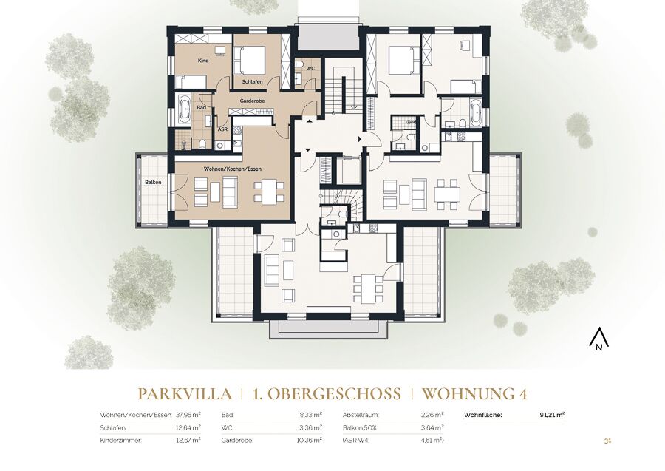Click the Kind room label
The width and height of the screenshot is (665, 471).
pos(203,61)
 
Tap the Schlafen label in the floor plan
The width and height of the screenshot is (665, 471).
pos(253,81)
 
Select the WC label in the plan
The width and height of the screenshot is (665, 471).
pos(310,69)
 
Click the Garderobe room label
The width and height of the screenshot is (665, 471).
pos(253,101)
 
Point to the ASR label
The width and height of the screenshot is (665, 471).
pos(222,129)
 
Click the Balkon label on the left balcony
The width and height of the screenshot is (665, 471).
pos(153,182)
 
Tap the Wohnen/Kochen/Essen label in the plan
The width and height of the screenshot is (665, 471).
pos(233,169)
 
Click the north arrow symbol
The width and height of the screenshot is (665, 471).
pos(598,339)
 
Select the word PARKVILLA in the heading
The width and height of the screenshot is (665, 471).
pos(185,394)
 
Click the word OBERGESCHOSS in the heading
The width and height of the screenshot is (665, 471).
pos(331,394)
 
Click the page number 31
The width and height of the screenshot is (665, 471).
pos(607,441)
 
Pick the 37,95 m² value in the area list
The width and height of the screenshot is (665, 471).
pos(188,415)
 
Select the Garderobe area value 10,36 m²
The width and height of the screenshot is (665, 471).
pos(310,441)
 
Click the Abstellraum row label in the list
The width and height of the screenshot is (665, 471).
pos(361,415)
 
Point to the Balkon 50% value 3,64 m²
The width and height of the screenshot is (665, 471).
pos(432,427)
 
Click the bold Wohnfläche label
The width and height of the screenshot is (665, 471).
pos(483,415)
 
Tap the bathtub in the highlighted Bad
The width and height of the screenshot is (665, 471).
pos(185,109)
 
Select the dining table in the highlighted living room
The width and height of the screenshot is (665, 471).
pos(269,191)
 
